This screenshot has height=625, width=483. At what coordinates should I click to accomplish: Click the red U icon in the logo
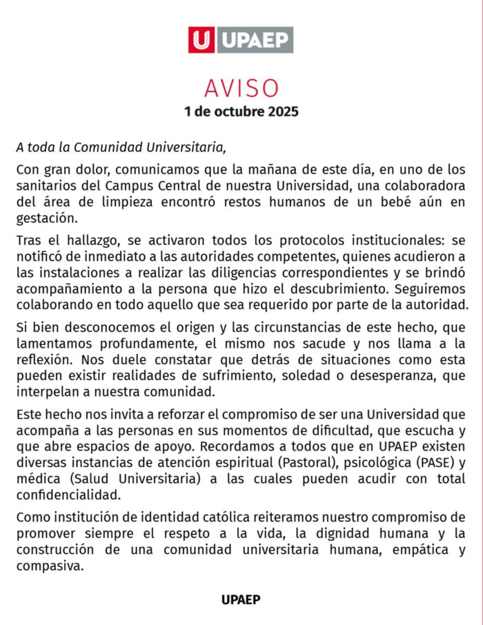click(201, 40)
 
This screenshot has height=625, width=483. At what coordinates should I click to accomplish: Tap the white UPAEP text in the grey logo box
click(255, 40)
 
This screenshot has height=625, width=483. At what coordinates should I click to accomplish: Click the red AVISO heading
click(241, 88)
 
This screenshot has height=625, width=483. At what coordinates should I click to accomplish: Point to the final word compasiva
click(48, 566)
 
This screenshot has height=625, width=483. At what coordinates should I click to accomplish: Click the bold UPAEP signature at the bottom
click(241, 599)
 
